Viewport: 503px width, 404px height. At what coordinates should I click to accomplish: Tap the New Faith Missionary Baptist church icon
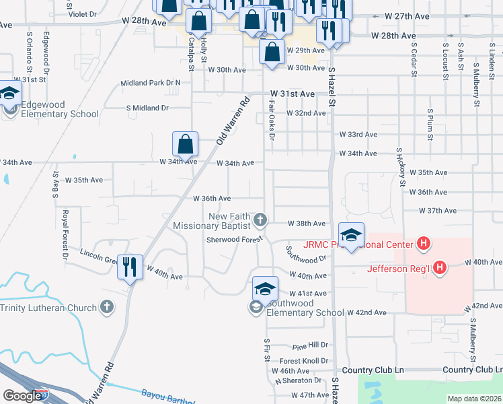pos(260,220)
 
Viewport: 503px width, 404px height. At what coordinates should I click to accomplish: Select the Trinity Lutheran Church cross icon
pos(106,308)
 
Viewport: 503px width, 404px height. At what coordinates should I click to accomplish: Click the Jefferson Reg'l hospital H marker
pos(440,268)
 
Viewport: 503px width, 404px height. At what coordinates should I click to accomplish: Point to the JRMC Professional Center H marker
pos(424,243)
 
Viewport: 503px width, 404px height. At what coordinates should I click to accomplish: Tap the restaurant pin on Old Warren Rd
pos(130,267)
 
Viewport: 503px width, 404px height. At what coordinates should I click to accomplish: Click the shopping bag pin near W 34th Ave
pos(185,143)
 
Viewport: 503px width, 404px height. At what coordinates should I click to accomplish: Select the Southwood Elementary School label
pos(305,312)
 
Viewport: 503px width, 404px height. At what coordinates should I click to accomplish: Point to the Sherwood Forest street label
pos(233,240)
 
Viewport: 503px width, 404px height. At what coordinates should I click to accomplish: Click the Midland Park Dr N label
pos(151,83)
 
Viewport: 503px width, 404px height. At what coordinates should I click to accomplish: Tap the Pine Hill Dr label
pos(310,345)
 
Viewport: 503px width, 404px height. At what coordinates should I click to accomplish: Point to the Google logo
pos(22,396)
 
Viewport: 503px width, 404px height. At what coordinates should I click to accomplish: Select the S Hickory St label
pos(401,166)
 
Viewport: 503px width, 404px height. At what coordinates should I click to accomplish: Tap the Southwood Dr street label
pos(305,254)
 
